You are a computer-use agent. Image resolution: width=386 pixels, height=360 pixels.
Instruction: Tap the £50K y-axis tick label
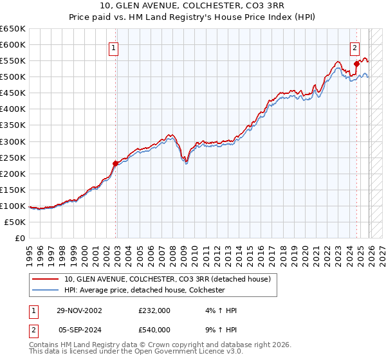pos(15,222)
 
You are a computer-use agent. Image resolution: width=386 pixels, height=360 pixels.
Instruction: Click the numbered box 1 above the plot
pos(113,47)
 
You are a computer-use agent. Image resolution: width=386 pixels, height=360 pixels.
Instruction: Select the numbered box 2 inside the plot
pos(354,47)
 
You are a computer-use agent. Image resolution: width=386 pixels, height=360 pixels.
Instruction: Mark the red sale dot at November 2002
pos(116,163)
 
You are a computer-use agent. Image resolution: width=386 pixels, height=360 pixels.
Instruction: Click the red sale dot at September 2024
pos(356,64)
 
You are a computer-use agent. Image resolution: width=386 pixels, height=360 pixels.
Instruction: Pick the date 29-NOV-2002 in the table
pos(79,310)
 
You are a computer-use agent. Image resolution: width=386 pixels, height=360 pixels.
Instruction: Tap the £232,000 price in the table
pos(154,310)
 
